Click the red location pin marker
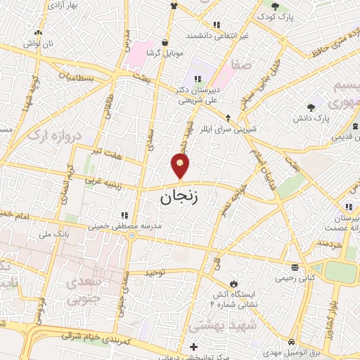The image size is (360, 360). [x=181, y=167]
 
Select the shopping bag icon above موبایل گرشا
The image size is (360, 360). [x=166, y=41]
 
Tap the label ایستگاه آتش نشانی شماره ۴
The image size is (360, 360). [x=237, y=298]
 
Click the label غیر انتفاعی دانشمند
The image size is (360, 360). [x=219, y=34]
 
